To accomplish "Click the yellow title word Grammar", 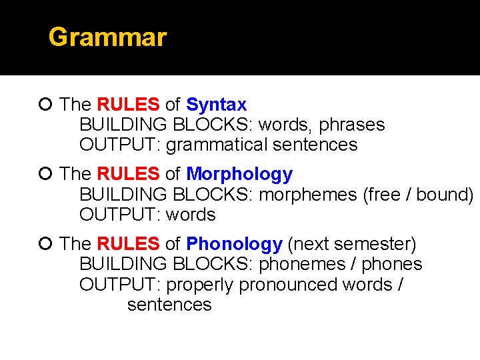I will (107, 37).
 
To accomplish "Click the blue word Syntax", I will (216, 105).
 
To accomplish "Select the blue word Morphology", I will (239, 175).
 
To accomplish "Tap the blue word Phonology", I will (234, 245).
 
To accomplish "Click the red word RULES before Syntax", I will (128, 105).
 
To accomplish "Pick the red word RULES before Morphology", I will (128, 175).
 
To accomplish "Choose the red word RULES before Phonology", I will (128, 245).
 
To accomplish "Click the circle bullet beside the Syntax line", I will (45, 105).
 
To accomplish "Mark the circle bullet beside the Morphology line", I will (45, 175).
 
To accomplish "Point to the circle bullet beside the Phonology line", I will (45, 245).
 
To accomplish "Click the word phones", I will (392, 265).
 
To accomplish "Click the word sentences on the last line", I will (169, 305).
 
